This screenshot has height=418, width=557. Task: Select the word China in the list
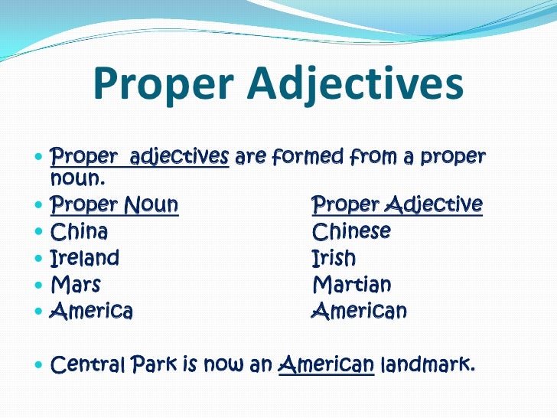point(79,231)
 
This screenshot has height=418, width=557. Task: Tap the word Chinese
point(351,231)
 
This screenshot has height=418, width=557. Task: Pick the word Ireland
point(84,258)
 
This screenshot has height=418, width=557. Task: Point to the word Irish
point(334,258)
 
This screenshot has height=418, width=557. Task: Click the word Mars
point(75,286)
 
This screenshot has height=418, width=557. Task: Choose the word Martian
point(351,286)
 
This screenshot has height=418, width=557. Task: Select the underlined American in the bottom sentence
point(327,364)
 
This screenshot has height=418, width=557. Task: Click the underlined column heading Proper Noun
point(114,205)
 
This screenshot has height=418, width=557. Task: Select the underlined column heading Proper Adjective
point(397,205)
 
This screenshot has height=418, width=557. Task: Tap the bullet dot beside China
point(39,232)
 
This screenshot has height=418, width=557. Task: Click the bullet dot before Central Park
point(39,365)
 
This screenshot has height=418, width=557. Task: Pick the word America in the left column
point(91,312)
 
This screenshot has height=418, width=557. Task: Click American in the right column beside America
point(359,312)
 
